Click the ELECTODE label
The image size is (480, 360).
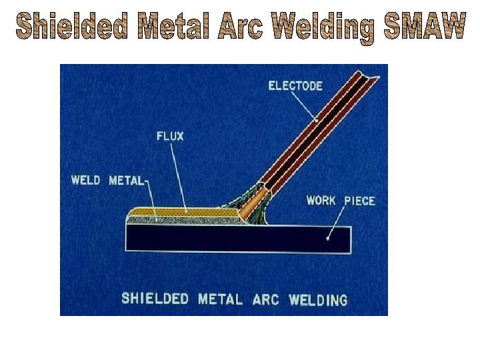point(295,86)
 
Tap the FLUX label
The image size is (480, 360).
point(170,137)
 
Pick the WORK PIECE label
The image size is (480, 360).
point(341,201)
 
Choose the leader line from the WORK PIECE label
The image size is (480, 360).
point(335,223)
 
